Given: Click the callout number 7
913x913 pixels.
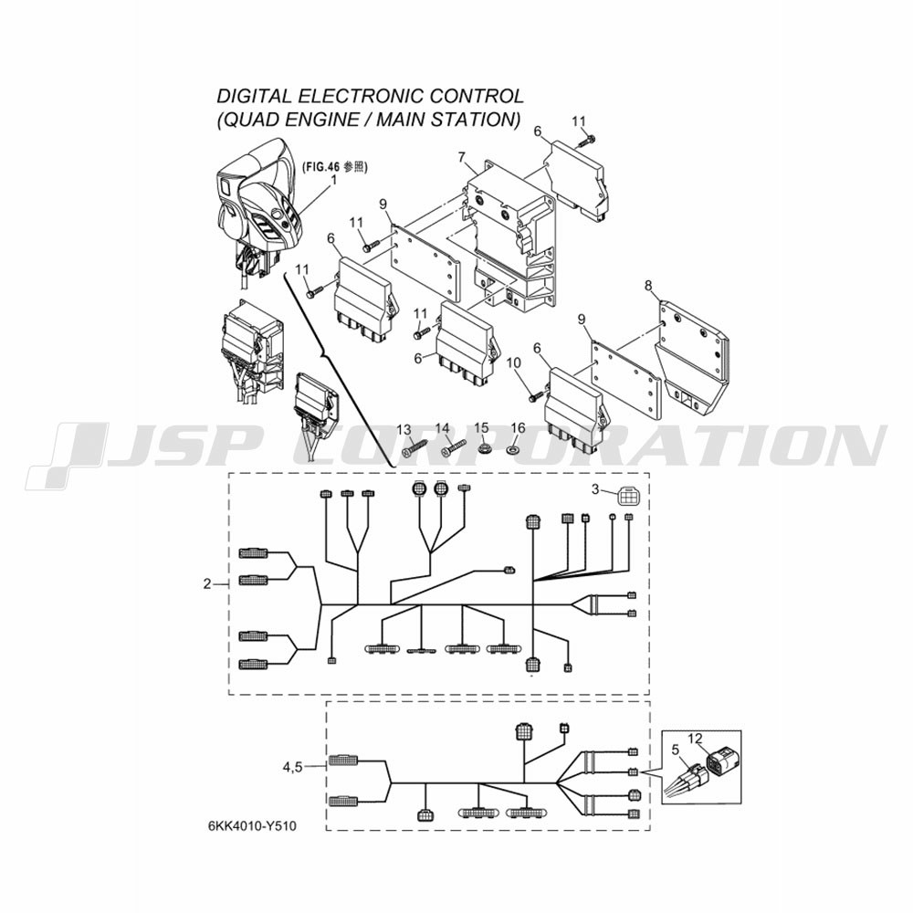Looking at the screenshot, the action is click(x=461, y=157).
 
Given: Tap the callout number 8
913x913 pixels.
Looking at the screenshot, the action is click(x=648, y=285).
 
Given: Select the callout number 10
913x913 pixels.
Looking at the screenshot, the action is click(x=513, y=362).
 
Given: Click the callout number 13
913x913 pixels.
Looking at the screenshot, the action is click(x=404, y=430).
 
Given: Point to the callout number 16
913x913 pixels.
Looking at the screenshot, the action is click(x=518, y=428).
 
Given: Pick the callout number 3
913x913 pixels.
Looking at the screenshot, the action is click(x=595, y=489).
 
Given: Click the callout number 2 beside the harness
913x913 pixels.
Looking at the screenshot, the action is click(x=206, y=583).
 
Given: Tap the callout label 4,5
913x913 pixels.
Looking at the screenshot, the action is click(x=293, y=768).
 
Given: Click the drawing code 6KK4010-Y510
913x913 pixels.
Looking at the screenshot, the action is click(x=252, y=826).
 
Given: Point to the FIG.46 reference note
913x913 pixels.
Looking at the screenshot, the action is click(x=334, y=167).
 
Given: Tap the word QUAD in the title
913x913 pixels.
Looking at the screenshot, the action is click(x=250, y=120).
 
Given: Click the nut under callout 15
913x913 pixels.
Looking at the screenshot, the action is click(x=482, y=449).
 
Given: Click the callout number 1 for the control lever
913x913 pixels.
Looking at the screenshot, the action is click(x=333, y=180).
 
